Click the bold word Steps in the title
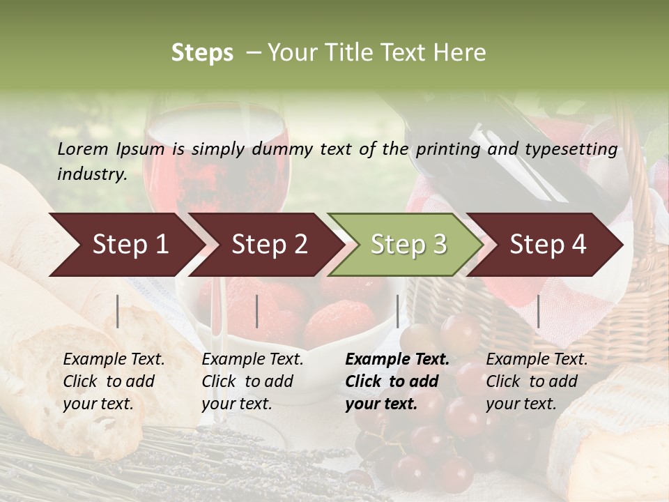pyautogui.click(x=202, y=53)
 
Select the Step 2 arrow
pyautogui.click(x=269, y=244)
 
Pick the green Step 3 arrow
pyautogui.click(x=408, y=244)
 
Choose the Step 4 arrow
pyautogui.click(x=548, y=244)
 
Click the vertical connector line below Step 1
pyautogui.click(x=118, y=311)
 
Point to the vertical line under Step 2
pyautogui.click(x=257, y=311)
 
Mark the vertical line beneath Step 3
pyautogui.click(x=398, y=311)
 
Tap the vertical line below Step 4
pyautogui.click(x=539, y=311)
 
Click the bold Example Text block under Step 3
pyautogui.click(x=397, y=381)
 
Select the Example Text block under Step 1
pyautogui.click(x=114, y=381)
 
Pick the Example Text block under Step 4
pyautogui.click(x=537, y=381)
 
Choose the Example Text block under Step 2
pyautogui.click(x=252, y=381)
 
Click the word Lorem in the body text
pyautogui.click(x=83, y=149)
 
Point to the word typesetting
pyautogui.click(x=571, y=149)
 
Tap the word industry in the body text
pyautogui.click(x=92, y=174)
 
